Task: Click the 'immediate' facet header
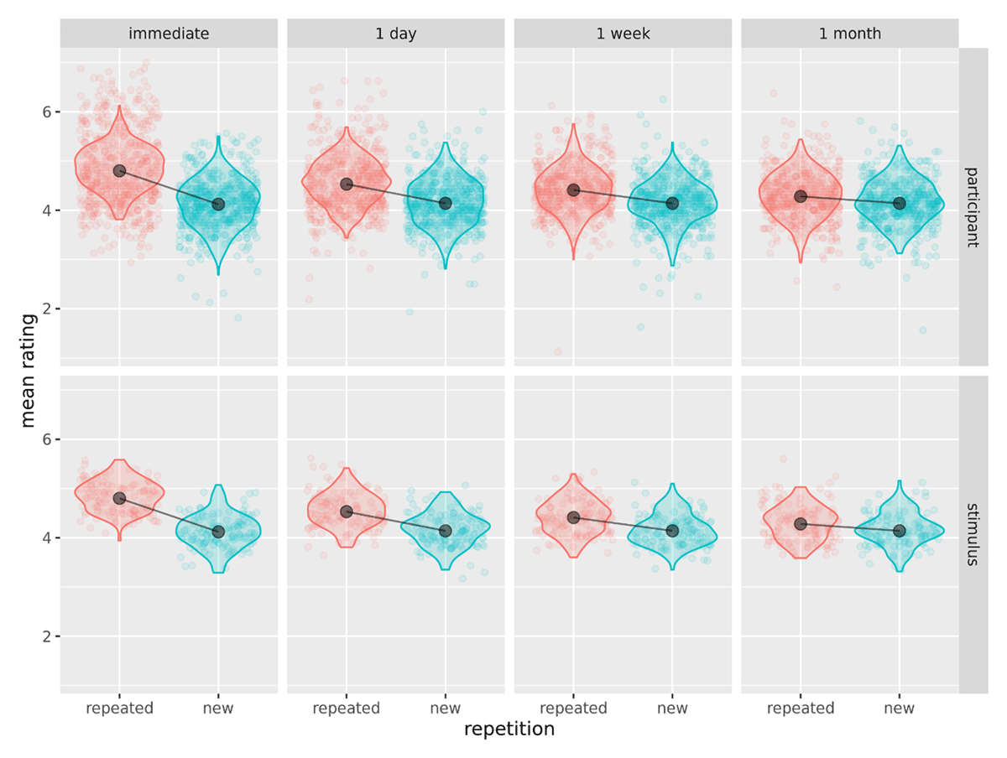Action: click(169, 34)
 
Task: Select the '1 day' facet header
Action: click(395, 34)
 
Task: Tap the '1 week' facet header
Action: click(623, 34)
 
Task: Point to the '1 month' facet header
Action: click(850, 34)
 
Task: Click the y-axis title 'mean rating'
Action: click(29, 370)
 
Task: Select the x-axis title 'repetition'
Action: click(509, 729)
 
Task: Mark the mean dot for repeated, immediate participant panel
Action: click(119, 170)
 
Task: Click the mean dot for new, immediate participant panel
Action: click(218, 204)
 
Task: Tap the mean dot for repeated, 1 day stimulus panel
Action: click(347, 511)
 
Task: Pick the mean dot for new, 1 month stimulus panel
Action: click(900, 531)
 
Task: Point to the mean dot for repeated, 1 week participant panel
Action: click(574, 190)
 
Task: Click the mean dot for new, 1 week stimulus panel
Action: click(672, 531)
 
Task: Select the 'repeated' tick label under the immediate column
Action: click(119, 709)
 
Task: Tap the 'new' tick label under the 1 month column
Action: click(900, 709)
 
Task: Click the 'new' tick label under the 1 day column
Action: click(446, 709)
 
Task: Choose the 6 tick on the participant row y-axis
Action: click(49, 112)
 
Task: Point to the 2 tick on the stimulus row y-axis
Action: click(49, 636)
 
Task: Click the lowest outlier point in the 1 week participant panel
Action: click(558, 352)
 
